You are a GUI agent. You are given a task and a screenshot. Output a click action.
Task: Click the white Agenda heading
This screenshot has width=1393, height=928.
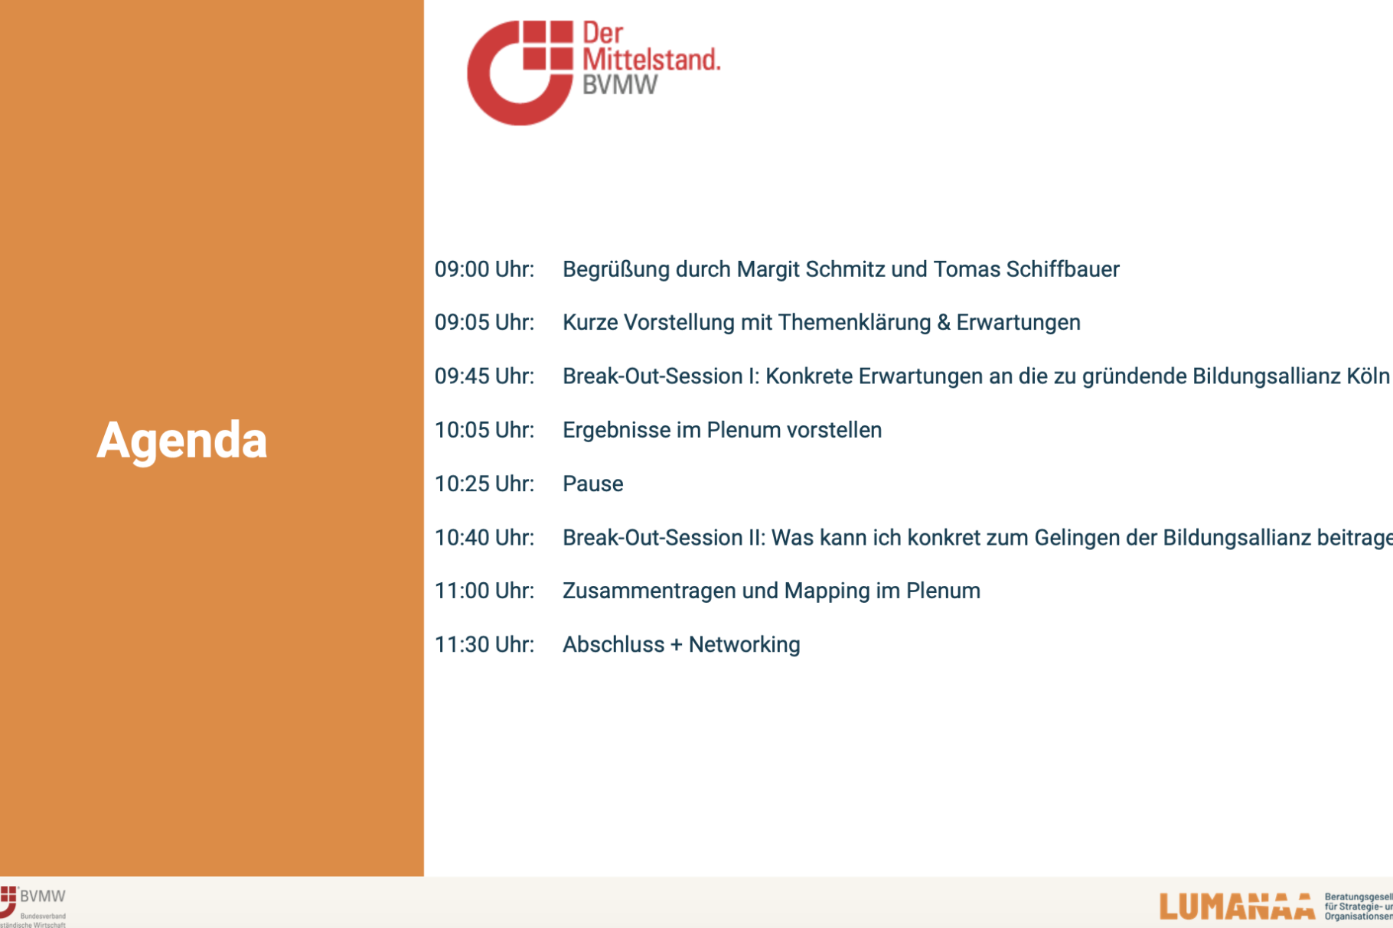[x=182, y=441]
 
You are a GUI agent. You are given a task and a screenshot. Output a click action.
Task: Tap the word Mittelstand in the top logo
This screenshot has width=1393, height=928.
[x=651, y=59]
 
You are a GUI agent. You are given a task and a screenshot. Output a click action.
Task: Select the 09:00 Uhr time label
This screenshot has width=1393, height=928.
[x=484, y=269]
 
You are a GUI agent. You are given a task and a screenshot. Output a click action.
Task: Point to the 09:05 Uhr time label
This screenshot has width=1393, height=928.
[x=484, y=322]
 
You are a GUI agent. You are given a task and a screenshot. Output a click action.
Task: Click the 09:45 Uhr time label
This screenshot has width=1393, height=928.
[x=484, y=376]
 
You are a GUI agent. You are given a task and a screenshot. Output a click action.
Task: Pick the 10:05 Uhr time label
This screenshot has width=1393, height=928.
[x=484, y=430]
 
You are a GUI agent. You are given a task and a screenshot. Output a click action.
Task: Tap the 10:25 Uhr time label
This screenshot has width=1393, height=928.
[x=484, y=484]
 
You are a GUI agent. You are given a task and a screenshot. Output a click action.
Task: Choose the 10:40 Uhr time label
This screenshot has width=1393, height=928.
[x=484, y=538]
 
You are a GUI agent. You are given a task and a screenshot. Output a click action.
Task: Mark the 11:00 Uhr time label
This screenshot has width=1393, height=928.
[x=484, y=591]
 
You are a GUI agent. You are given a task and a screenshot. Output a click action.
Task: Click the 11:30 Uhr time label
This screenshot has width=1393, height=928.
[x=484, y=644]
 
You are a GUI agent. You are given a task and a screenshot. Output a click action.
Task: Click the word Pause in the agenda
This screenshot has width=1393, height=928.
[x=592, y=484]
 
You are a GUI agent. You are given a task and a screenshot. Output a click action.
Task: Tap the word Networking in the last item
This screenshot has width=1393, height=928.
[x=744, y=644]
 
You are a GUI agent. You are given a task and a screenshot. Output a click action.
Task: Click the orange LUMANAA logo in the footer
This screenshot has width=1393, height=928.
[x=1236, y=907]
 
